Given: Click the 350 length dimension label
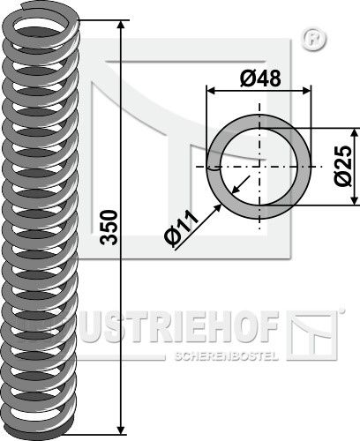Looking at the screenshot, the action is pyautogui.click(x=109, y=228).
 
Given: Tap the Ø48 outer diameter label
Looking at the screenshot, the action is pyautogui.click(x=260, y=78).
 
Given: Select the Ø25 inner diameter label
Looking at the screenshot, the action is pyautogui.click(x=343, y=166).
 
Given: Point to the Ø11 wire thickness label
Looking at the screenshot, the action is pyautogui.click(x=182, y=229).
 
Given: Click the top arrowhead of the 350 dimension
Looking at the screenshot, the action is pyautogui.click(x=121, y=25).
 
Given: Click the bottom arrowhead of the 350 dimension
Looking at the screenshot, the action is pyautogui.click(x=121, y=430).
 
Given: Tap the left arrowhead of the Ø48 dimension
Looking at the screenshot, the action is pyautogui.click(x=211, y=91).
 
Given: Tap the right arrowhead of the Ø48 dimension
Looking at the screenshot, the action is pyautogui.click(x=306, y=91).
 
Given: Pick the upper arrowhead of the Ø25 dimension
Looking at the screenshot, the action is pyautogui.click(x=356, y=132).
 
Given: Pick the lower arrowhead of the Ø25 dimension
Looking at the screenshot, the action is pyautogui.click(x=356, y=200).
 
